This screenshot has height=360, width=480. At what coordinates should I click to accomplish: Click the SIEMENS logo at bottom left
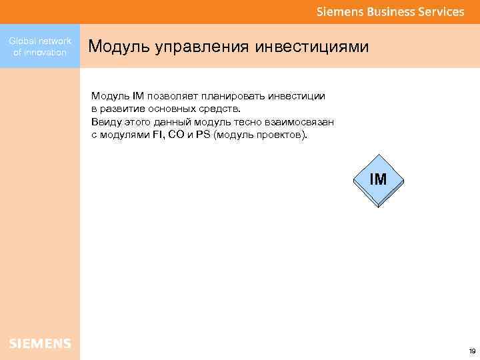click(40, 343)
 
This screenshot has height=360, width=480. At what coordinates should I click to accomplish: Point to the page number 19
click(472, 351)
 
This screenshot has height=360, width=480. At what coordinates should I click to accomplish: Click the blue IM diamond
click(378, 179)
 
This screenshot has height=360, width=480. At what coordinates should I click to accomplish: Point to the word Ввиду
click(105, 122)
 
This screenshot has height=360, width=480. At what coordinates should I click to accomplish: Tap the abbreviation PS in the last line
click(203, 135)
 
